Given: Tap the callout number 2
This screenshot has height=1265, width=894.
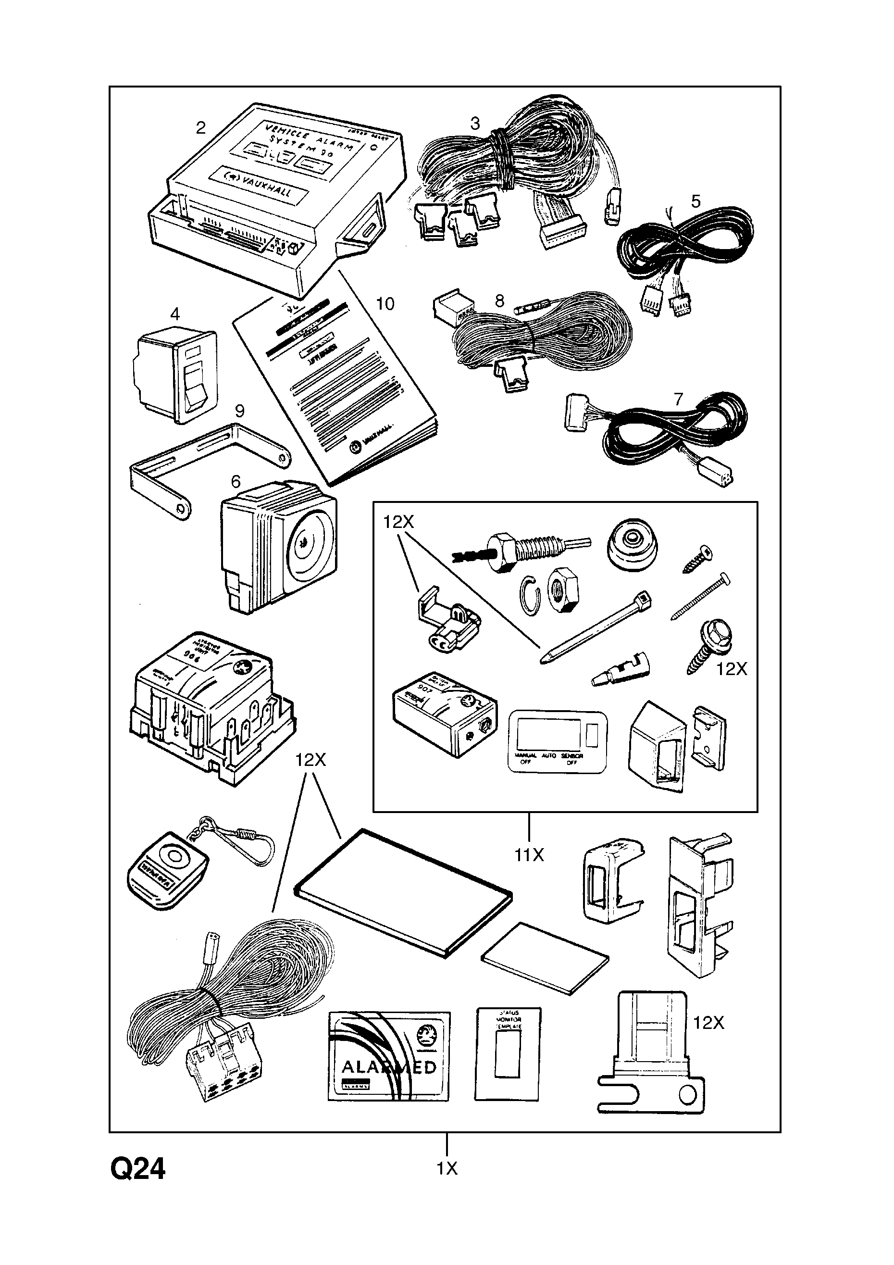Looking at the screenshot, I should click(x=200, y=128).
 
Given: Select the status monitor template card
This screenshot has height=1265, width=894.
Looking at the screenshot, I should click(x=508, y=1054).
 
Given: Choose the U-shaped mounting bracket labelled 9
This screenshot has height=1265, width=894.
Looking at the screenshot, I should click(x=209, y=468).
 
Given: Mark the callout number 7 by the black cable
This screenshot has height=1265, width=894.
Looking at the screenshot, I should click(x=678, y=399).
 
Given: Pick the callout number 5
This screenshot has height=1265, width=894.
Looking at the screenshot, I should click(x=695, y=201).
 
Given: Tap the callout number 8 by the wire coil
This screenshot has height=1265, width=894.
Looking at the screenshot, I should click(x=499, y=301).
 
